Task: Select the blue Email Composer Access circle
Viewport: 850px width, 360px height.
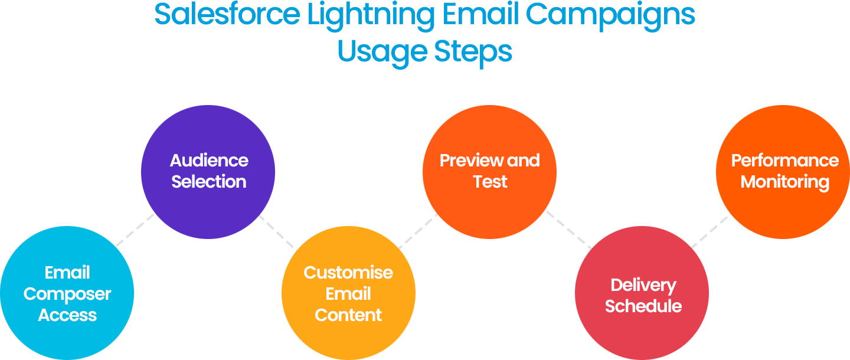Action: [x=67, y=293]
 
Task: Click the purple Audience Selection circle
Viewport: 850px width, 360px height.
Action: [x=208, y=171]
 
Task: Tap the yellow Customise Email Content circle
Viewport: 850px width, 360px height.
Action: [x=348, y=293]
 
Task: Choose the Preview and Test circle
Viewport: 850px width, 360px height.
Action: [x=489, y=171]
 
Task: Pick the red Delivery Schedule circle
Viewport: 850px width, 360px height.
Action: [x=642, y=295]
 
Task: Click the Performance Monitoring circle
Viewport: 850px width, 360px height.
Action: [x=784, y=171]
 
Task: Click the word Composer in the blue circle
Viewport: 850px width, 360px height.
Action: [x=67, y=294]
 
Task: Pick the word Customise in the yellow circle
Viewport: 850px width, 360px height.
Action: [x=348, y=273]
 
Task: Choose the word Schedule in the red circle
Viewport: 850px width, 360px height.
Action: [x=643, y=306]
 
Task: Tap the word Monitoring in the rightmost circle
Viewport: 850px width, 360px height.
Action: [x=785, y=182]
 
